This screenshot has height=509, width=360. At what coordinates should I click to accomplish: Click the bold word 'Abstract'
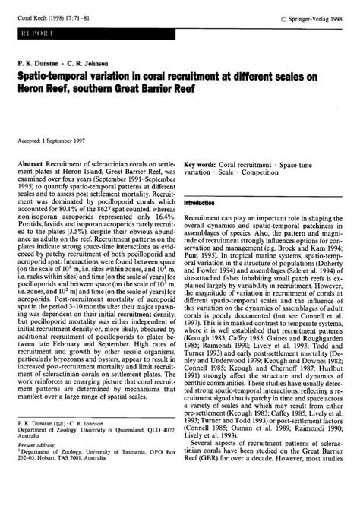39,163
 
